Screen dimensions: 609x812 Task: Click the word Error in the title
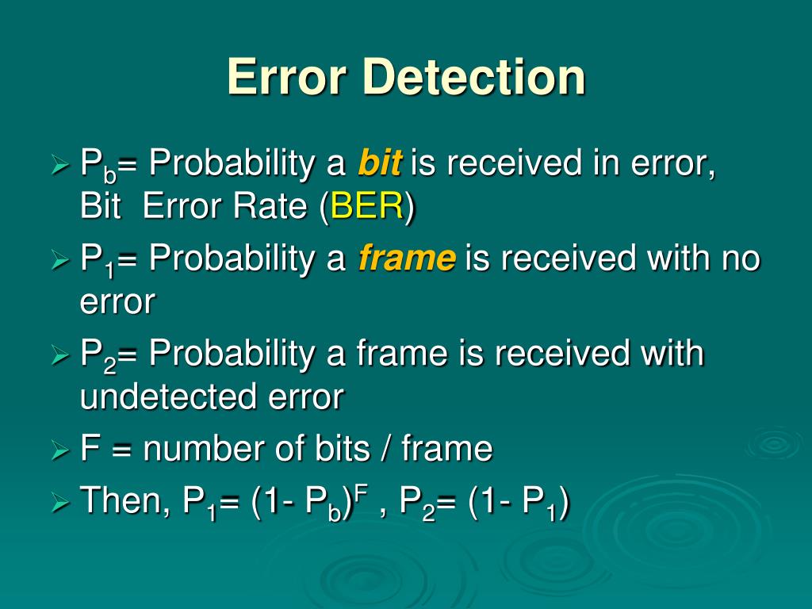(x=289, y=78)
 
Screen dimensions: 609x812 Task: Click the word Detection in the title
(x=475, y=78)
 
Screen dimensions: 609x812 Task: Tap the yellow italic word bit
(x=380, y=164)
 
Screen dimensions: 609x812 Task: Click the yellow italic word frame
(x=407, y=258)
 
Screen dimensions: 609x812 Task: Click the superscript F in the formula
(x=360, y=492)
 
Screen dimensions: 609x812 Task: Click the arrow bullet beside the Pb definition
(x=61, y=166)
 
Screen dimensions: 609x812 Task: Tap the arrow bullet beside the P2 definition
(x=61, y=355)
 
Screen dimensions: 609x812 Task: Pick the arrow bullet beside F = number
(x=61, y=450)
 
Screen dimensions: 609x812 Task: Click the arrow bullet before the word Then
(x=61, y=502)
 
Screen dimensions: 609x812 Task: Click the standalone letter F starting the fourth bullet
(x=89, y=449)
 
